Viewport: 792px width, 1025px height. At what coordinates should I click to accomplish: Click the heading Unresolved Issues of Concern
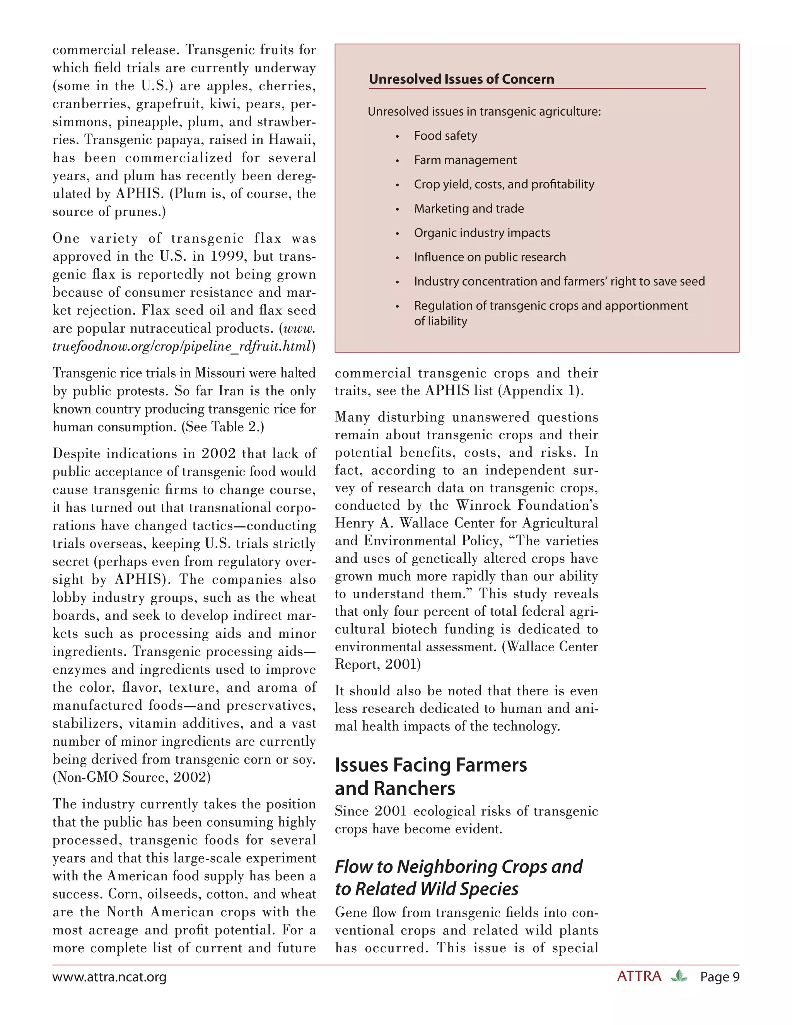click(x=461, y=79)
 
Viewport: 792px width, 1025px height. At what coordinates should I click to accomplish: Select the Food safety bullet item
click(x=445, y=136)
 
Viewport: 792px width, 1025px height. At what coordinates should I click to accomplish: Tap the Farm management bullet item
click(x=465, y=160)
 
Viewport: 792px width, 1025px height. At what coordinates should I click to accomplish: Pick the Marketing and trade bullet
click(x=469, y=208)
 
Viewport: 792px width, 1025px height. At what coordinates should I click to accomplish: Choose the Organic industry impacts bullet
click(x=482, y=233)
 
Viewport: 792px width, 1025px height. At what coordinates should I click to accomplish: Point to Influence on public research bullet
click(x=490, y=257)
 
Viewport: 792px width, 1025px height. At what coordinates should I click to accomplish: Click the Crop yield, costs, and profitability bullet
click(x=504, y=184)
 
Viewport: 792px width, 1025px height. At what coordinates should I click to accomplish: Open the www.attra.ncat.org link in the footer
click(x=109, y=977)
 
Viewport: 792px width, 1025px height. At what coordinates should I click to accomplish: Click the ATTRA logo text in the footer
click(x=639, y=977)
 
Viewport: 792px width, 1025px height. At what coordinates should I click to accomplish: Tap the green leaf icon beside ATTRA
click(x=679, y=977)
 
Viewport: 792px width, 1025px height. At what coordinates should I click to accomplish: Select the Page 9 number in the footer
click(x=720, y=977)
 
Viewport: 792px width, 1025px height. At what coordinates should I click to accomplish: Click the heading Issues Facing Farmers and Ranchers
click(x=431, y=776)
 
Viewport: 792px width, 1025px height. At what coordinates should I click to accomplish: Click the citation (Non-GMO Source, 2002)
click(x=132, y=777)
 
